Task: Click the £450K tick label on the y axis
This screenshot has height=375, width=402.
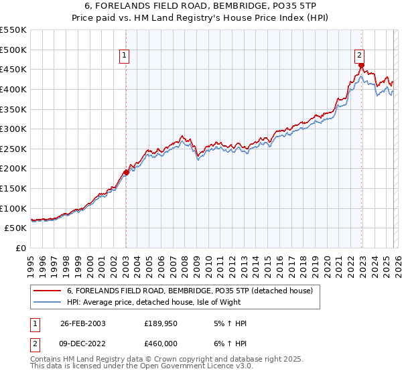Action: click(x=13, y=69)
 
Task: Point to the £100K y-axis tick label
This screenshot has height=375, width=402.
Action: click(x=13, y=208)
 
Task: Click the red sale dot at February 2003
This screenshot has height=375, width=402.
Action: click(x=126, y=172)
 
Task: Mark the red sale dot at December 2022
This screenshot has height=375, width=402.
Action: click(x=361, y=66)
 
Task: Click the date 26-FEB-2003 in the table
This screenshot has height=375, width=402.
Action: click(x=82, y=323)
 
